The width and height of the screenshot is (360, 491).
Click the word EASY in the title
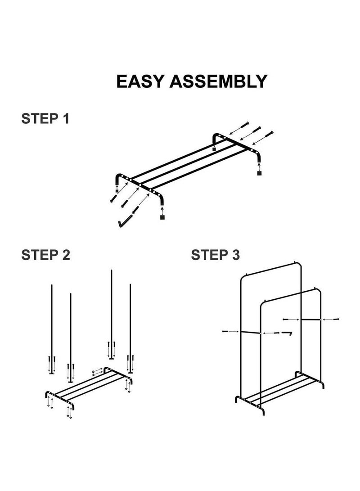click(x=140, y=81)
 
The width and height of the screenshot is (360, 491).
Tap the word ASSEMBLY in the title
click(x=218, y=81)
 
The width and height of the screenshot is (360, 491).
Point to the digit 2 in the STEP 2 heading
click(x=65, y=255)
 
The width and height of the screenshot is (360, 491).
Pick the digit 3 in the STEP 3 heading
click(x=235, y=255)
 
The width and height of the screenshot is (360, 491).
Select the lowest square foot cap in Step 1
click(x=162, y=217)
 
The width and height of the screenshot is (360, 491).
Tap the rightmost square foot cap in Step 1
click(x=259, y=173)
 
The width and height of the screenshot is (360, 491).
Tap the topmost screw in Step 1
click(x=245, y=125)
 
